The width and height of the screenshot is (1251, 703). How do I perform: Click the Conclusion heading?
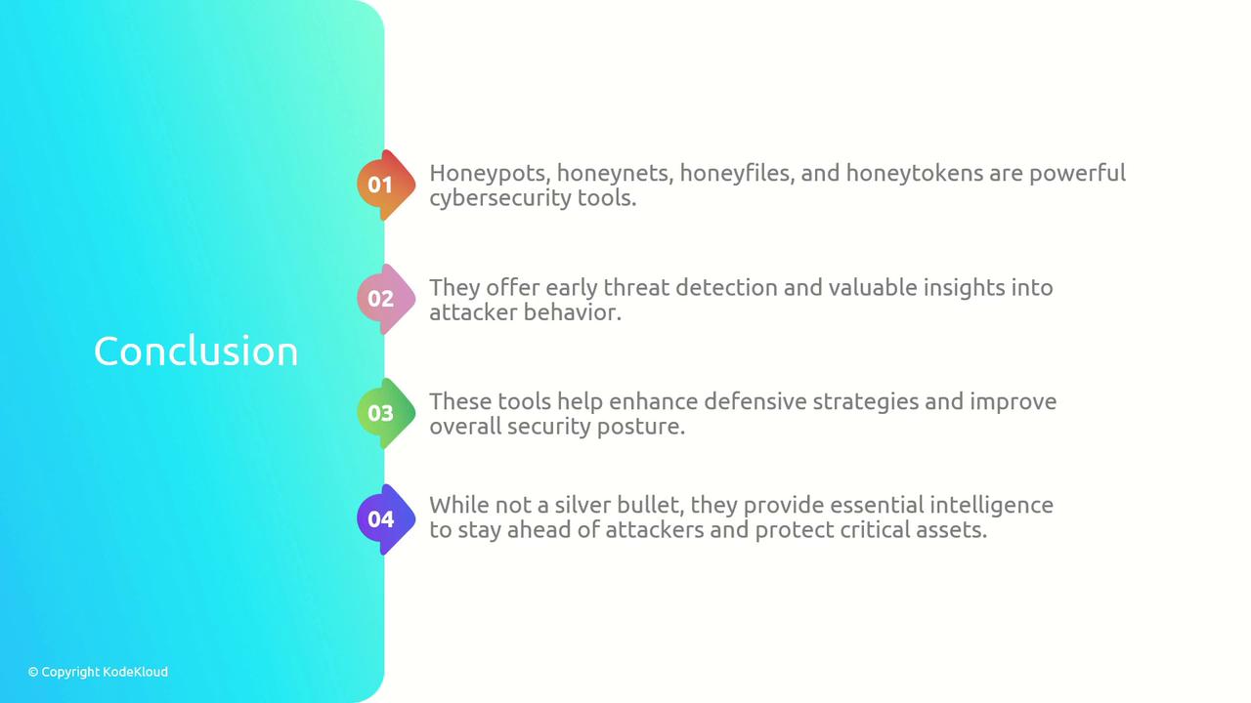195,351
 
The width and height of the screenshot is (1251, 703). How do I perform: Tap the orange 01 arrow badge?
386,185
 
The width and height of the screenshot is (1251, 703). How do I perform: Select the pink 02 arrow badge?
386,299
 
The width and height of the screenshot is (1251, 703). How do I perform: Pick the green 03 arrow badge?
386,413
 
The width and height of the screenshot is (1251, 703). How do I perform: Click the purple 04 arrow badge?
386,519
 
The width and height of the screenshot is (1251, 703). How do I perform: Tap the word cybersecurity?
500,198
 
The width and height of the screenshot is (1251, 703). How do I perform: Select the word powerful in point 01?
1077,174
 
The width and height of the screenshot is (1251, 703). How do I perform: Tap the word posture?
641,428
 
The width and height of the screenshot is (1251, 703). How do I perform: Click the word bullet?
648,506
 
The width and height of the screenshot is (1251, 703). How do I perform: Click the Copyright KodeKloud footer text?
98,672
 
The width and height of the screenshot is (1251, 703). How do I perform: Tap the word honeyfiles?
737,174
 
